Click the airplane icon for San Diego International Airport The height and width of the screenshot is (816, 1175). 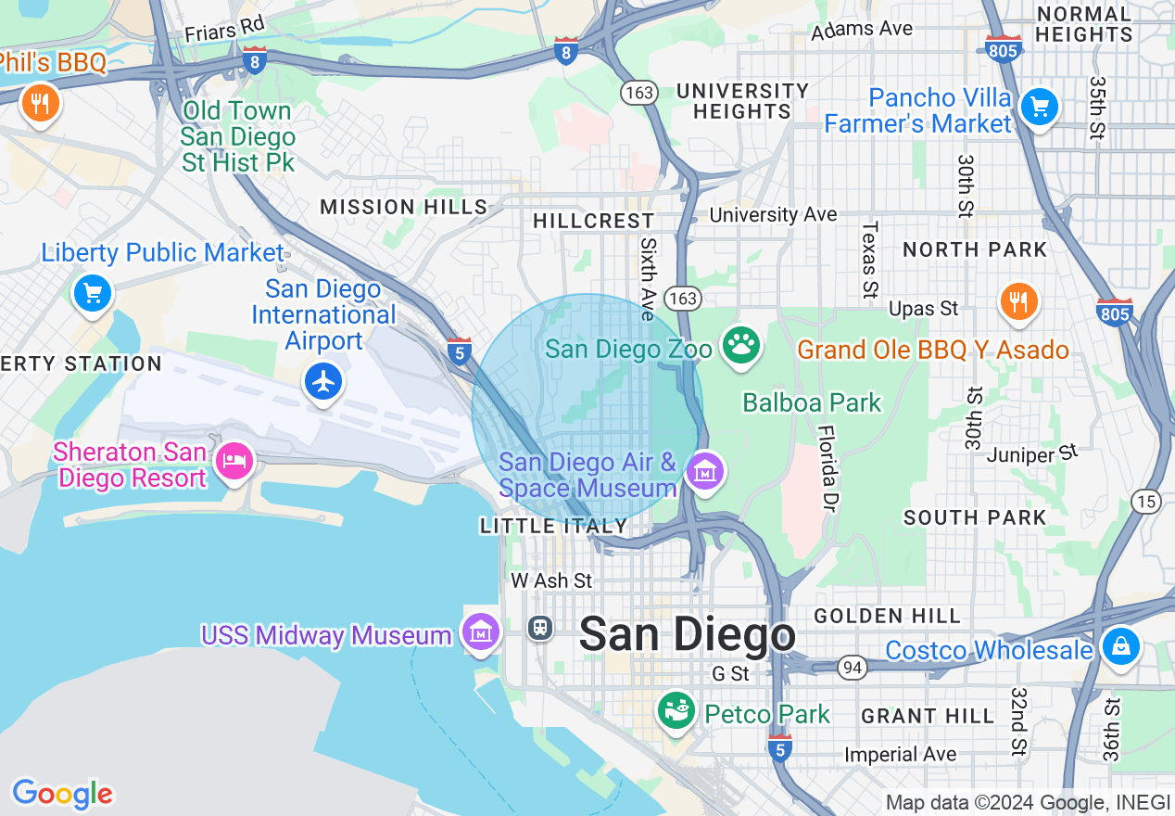[x=323, y=381]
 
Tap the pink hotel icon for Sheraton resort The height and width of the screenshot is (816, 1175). [x=234, y=461]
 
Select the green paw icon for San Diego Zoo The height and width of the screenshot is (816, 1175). [x=740, y=345]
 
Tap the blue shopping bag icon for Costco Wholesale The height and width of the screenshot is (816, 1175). [x=1120, y=645]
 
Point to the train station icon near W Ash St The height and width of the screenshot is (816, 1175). [x=540, y=628]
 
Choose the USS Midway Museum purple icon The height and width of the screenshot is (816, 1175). [x=481, y=633]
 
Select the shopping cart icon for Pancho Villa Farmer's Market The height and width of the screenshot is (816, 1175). [x=1039, y=107]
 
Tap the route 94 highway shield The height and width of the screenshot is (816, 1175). [x=852, y=667]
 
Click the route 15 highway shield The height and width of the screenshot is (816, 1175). [x=1146, y=502]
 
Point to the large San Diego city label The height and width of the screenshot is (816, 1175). [x=687, y=635]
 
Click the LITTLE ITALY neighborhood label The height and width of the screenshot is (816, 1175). [x=554, y=526]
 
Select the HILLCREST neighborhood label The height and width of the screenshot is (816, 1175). [x=594, y=221]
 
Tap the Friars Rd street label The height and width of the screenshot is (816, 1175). [x=224, y=29]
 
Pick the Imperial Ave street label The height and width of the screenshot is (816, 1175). [x=900, y=755]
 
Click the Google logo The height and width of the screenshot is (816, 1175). [x=62, y=794]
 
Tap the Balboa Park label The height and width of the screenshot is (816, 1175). [x=812, y=402]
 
